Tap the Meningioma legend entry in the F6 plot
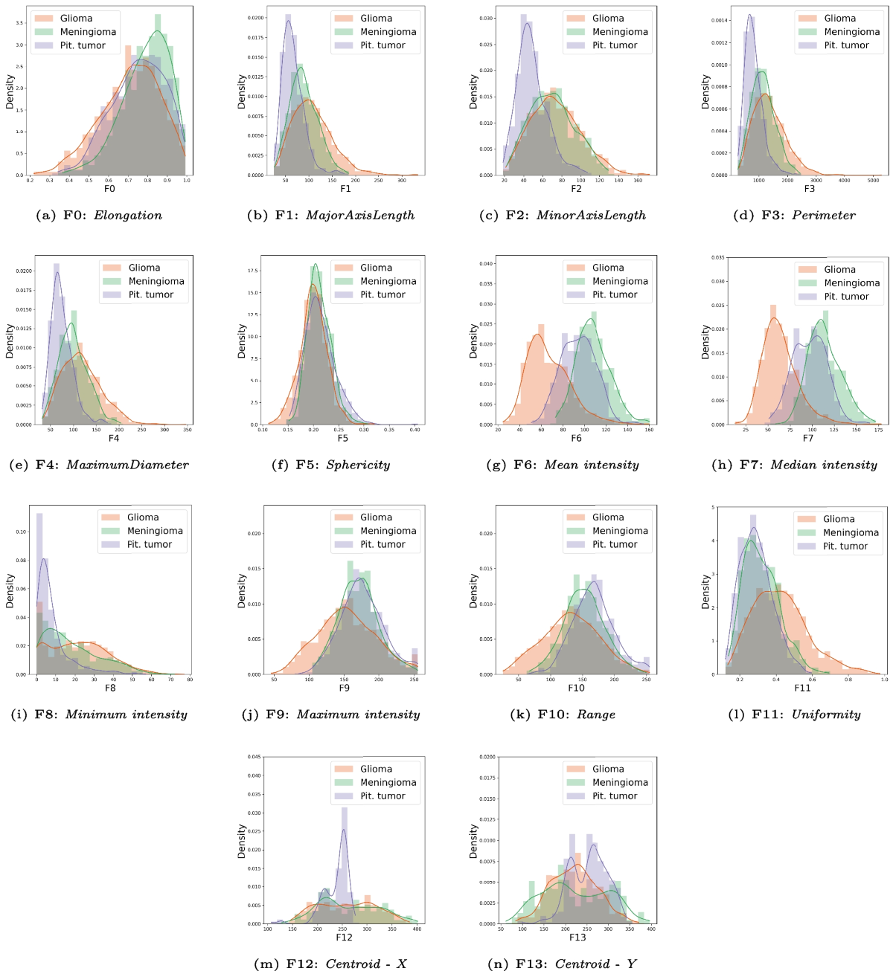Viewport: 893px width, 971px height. click(x=619, y=281)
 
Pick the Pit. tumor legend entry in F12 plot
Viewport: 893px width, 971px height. click(x=383, y=796)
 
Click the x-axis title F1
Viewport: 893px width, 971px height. click(x=345, y=189)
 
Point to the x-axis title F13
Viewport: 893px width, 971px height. click(x=577, y=938)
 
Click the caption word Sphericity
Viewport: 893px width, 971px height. click(x=358, y=465)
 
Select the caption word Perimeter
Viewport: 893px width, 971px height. click(x=823, y=216)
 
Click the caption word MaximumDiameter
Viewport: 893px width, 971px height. click(x=127, y=465)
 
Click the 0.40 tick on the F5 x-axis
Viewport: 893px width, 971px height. click(x=415, y=430)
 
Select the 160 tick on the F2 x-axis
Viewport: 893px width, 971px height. click(x=638, y=180)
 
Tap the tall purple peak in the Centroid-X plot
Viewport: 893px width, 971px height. click(x=344, y=810)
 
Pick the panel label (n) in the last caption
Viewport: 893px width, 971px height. click(x=496, y=964)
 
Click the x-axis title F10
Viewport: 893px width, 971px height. click(x=576, y=688)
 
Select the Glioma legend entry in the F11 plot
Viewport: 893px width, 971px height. click(x=838, y=519)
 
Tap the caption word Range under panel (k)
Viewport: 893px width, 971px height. click(x=595, y=714)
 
